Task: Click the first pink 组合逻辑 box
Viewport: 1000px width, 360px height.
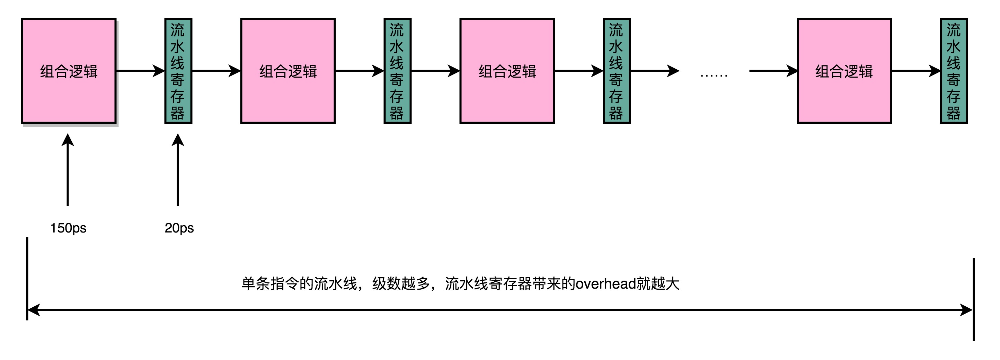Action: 69,71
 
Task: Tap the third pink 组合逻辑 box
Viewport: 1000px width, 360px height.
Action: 507,71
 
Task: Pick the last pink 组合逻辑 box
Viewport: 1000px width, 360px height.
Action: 844,71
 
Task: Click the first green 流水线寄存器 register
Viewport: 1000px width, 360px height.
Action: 178,71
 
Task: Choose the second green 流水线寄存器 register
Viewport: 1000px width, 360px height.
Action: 397,71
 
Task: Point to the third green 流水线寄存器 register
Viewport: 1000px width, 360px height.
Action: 617,71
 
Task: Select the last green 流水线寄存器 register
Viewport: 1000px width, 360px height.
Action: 954,71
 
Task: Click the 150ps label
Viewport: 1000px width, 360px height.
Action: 68,228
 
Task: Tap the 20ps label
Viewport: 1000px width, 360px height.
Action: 179,228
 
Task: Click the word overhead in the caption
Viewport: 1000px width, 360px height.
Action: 605,284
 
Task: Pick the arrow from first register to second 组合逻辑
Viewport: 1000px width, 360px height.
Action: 216,71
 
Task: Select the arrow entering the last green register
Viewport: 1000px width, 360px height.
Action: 916,71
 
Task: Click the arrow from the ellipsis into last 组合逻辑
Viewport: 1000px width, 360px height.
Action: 773,71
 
